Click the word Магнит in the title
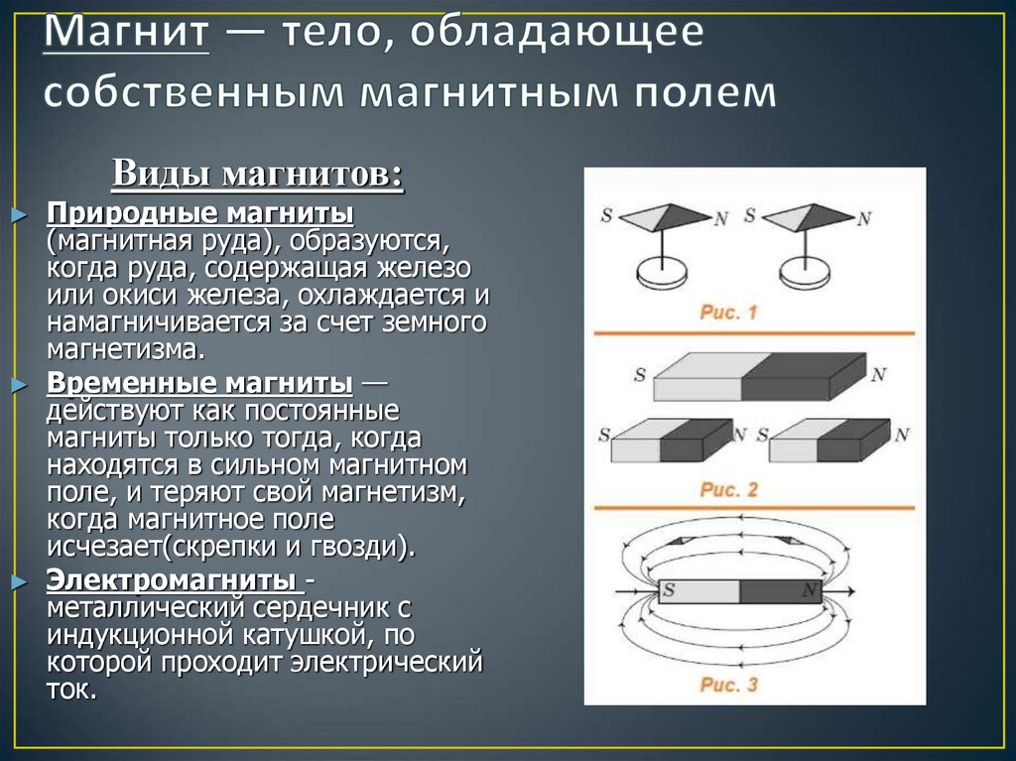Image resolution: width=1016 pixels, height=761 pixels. tap(126, 36)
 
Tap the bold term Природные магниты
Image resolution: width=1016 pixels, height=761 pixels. tap(201, 215)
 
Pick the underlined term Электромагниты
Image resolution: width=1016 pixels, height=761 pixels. tap(175, 579)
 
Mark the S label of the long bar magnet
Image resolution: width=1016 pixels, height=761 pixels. tap(638, 375)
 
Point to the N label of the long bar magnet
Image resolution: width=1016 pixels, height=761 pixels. tap(878, 374)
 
